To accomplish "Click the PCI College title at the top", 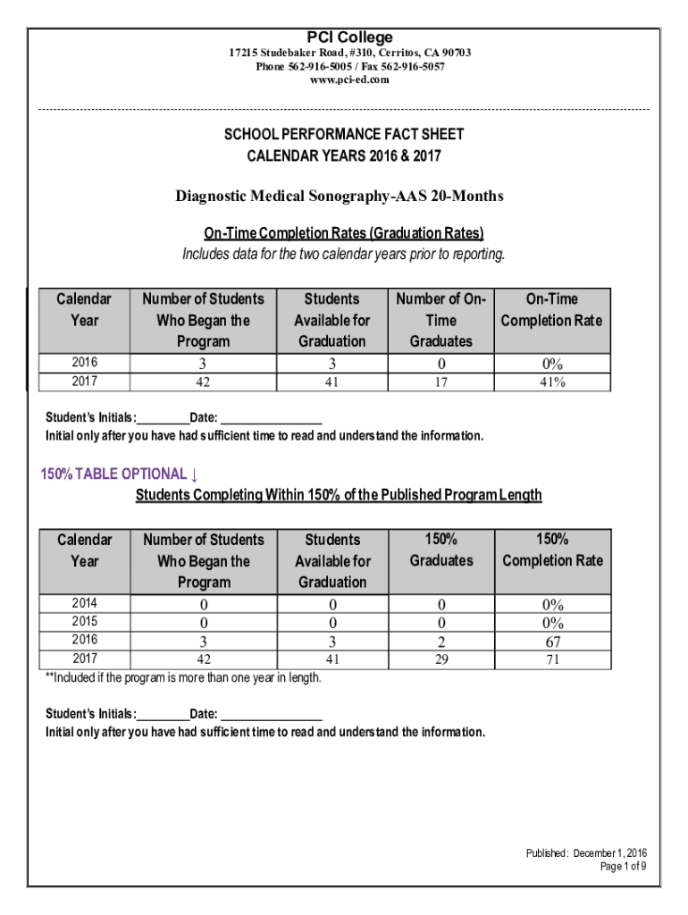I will pyautogui.click(x=349, y=37).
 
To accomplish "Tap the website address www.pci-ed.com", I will pyautogui.click(x=349, y=80).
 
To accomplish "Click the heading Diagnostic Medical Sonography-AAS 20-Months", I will pyautogui.click(x=340, y=196).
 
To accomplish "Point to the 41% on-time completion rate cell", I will pyautogui.click(x=551, y=382).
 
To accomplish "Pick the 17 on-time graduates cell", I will pyautogui.click(x=440, y=382).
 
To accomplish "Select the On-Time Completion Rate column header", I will pyautogui.click(x=551, y=310).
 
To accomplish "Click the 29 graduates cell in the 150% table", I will pyautogui.click(x=440, y=659).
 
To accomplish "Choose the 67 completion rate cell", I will pyautogui.click(x=551, y=641).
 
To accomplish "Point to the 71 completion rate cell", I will pyautogui.click(x=551, y=659).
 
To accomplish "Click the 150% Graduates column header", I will pyautogui.click(x=440, y=550).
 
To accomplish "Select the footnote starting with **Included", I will pyautogui.click(x=183, y=677).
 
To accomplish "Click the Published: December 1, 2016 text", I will pyautogui.click(x=586, y=853).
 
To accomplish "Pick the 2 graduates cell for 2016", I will pyautogui.click(x=440, y=641).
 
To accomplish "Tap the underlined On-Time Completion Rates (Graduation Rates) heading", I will pyautogui.click(x=343, y=233).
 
